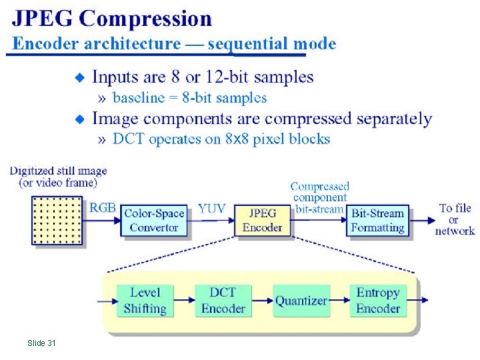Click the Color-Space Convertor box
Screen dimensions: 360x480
[153, 219]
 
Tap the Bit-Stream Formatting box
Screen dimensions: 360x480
[377, 220]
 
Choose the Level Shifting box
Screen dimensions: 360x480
[145, 300]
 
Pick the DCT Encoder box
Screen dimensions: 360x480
[223, 300]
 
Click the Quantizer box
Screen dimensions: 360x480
[301, 301]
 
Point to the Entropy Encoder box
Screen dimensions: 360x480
[378, 300]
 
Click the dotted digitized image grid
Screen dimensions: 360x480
[57, 221]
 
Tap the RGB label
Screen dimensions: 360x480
[103, 207]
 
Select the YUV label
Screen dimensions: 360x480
[213, 208]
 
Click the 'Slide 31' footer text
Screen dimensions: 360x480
[41, 343]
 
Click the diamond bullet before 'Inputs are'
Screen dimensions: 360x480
[80, 78]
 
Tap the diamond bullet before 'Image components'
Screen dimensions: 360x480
[80, 120]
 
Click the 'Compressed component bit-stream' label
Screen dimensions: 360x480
[319, 197]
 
